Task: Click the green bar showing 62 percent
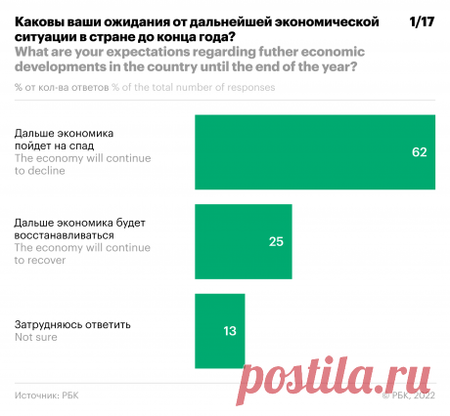click(x=316, y=152)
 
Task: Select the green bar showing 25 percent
click(x=244, y=240)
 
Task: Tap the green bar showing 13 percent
click(x=221, y=330)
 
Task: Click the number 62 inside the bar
click(x=421, y=153)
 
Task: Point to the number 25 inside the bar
click(x=275, y=241)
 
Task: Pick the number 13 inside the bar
click(x=230, y=331)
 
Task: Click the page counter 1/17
click(x=422, y=21)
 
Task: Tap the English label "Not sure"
click(x=36, y=337)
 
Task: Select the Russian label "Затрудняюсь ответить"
click(x=72, y=324)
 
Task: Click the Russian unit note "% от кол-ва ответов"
click(x=61, y=87)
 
